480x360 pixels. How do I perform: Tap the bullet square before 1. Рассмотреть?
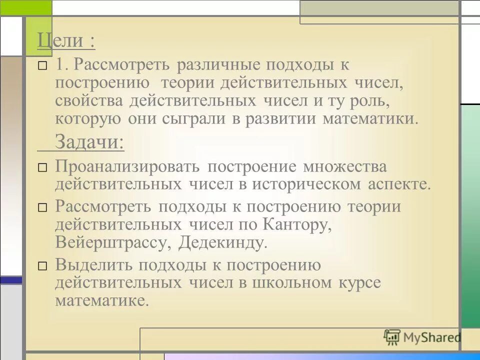(x=43, y=65)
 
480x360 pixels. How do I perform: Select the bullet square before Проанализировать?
(x=43, y=167)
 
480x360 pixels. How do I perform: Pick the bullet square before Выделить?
(x=43, y=266)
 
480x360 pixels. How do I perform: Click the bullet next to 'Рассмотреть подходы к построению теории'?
(x=43, y=207)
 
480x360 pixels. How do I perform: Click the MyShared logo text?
(x=431, y=337)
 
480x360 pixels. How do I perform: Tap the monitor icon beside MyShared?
(x=392, y=337)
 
